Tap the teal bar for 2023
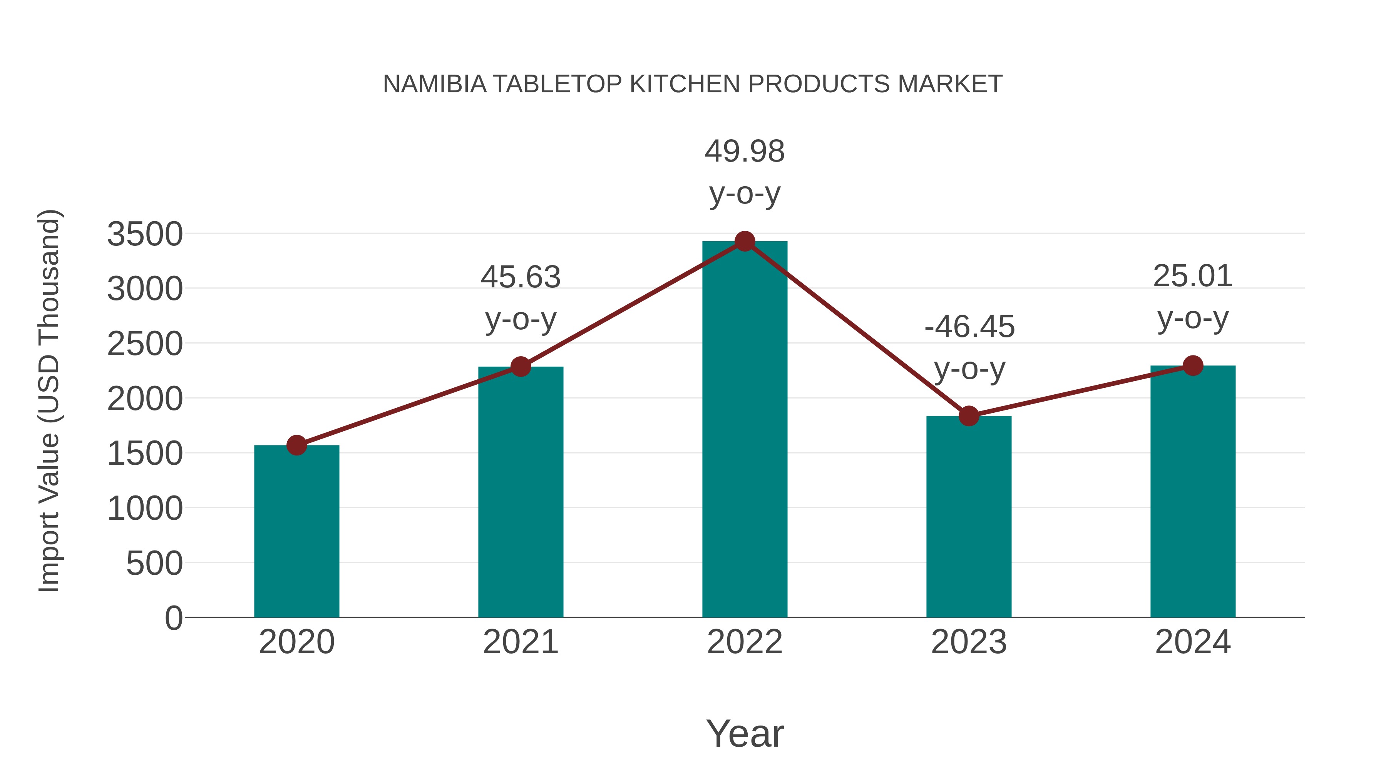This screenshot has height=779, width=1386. click(969, 516)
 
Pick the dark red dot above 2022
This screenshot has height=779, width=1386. click(745, 241)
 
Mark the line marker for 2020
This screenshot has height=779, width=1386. click(296, 445)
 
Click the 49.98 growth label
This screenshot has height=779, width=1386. click(745, 152)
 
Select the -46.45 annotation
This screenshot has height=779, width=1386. click(969, 327)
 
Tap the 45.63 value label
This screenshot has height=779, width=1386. click(520, 277)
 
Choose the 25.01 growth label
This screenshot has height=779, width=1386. click(1193, 276)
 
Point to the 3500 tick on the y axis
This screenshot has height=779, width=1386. click(145, 234)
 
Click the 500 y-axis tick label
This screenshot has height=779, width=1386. click(154, 564)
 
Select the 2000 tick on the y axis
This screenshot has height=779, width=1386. click(145, 399)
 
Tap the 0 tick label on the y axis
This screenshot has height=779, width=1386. click(174, 618)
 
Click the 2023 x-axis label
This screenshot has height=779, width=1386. click(969, 642)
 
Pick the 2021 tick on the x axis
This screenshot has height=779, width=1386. click(520, 642)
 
